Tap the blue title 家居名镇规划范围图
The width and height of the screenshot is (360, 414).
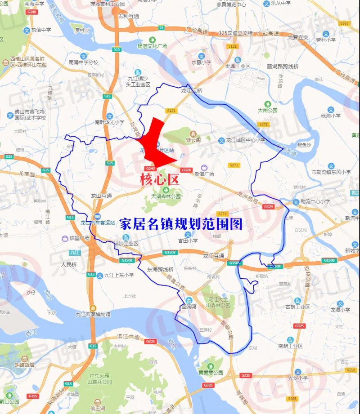coord(181,224)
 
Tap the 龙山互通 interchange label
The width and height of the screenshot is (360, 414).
coord(101,196)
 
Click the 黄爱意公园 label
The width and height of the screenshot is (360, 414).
coord(211,372)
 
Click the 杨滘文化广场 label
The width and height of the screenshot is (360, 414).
coord(152,46)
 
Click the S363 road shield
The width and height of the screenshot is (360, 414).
coord(345,23)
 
